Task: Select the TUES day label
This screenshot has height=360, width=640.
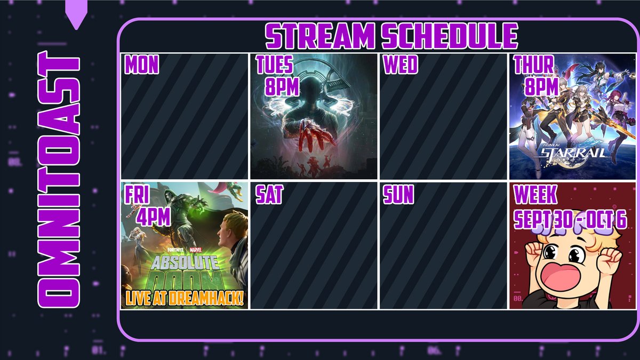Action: tap(274, 65)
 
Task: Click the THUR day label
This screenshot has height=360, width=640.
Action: tap(533, 65)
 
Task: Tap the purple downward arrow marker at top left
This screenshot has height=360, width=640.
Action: tap(77, 16)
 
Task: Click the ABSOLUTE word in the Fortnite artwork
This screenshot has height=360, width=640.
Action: tap(185, 262)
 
